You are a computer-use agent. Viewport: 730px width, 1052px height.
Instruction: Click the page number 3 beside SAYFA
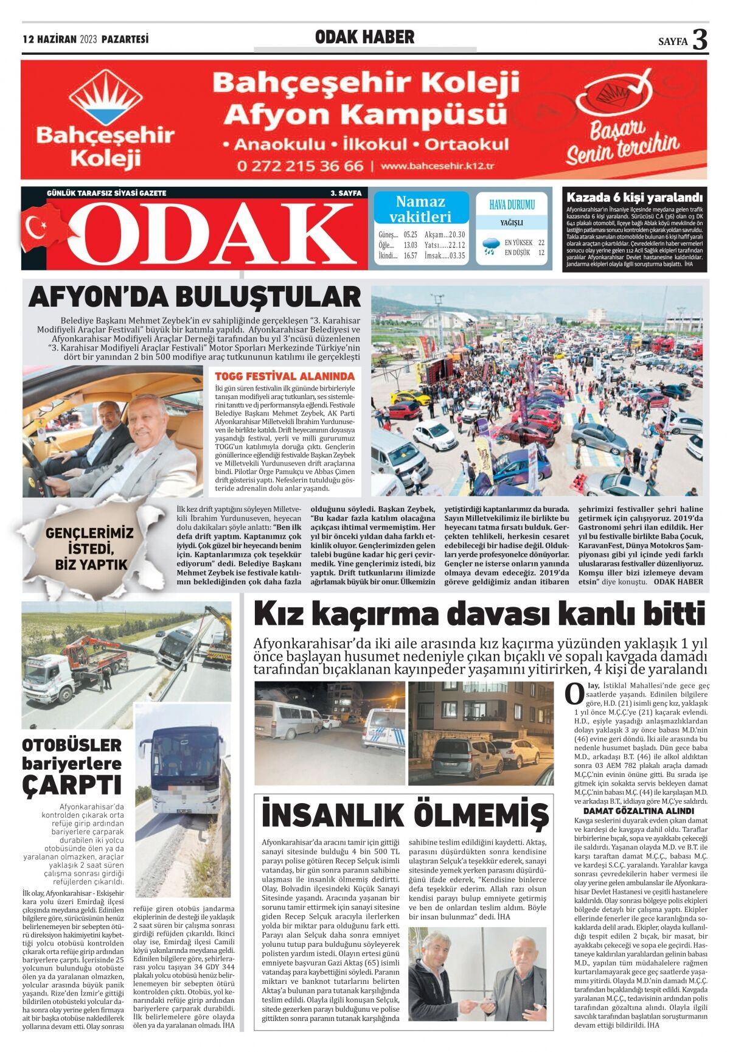pos(700,40)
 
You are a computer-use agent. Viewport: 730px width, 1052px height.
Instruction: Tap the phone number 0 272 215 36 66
pos(301,166)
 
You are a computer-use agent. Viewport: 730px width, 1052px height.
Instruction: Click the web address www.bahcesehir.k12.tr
pos(437,166)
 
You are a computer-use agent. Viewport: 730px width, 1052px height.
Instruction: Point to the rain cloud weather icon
pos(490,246)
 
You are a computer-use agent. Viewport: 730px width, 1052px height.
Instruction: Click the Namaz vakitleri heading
pos(420,209)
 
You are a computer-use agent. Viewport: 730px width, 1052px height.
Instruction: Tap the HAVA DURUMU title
pos(512,205)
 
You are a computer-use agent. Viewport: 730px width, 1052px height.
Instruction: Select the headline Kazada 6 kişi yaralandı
pos(634,197)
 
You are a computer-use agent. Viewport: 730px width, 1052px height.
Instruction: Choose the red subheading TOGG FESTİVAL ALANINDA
pos(284,376)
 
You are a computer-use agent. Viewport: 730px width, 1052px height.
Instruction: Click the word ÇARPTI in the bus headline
pos(71,784)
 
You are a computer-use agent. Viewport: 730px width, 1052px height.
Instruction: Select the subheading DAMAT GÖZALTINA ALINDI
pos(638,810)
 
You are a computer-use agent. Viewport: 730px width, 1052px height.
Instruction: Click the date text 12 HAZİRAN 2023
pos(60,40)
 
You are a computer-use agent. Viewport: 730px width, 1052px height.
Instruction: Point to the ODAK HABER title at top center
pos(364,37)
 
